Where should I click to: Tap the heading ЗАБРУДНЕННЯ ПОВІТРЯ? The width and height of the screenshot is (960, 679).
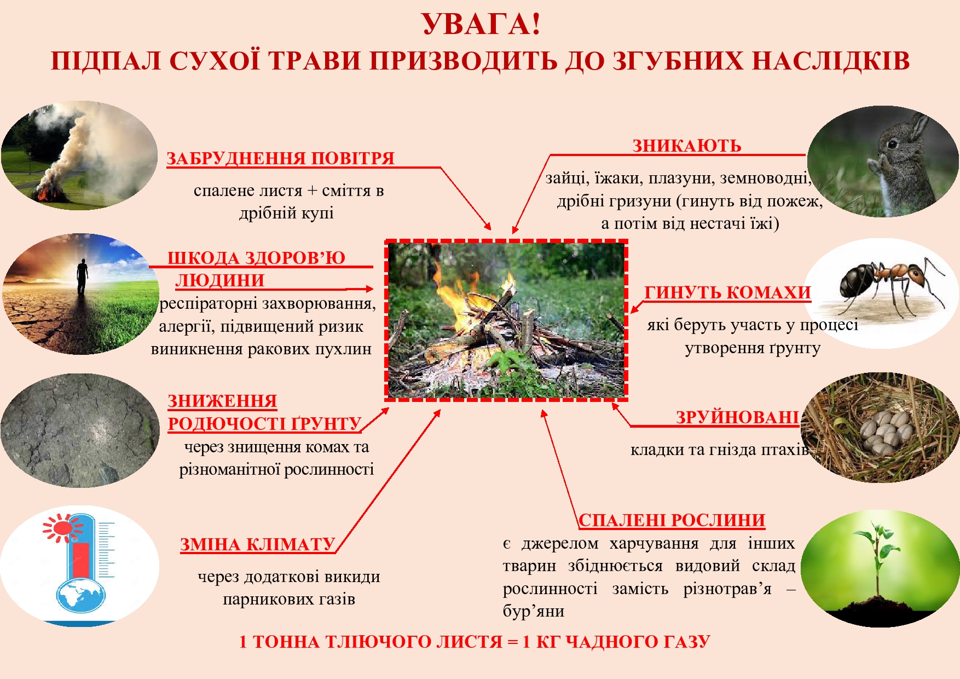(280, 158)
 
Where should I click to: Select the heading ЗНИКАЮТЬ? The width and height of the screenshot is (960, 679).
(687, 146)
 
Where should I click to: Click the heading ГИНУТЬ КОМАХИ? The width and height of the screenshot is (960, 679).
(727, 292)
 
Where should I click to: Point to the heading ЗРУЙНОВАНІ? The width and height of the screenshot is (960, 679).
(737, 417)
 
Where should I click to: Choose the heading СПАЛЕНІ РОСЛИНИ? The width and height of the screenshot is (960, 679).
(672, 520)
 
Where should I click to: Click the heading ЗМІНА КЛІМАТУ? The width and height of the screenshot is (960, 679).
(258, 544)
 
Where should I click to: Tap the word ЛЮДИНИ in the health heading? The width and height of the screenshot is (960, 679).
(220, 280)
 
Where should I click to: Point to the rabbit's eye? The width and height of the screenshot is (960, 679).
(893, 144)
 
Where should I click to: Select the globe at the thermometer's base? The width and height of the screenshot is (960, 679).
(80, 596)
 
